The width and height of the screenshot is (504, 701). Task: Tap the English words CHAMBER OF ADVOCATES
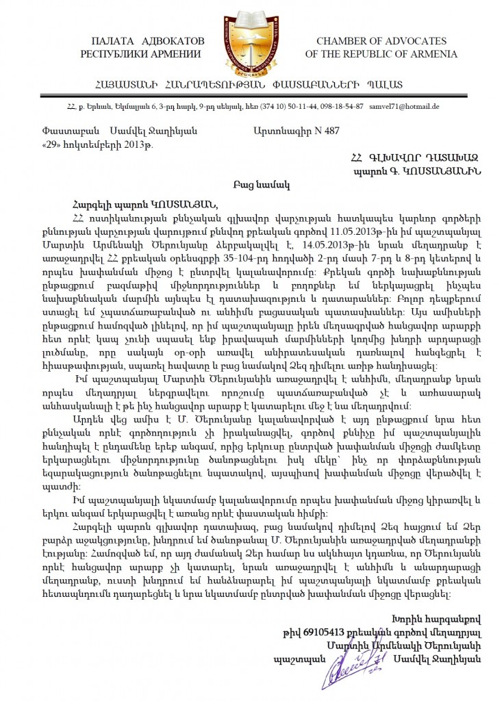tap(381, 42)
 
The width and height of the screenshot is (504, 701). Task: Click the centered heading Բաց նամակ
tap(252, 184)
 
